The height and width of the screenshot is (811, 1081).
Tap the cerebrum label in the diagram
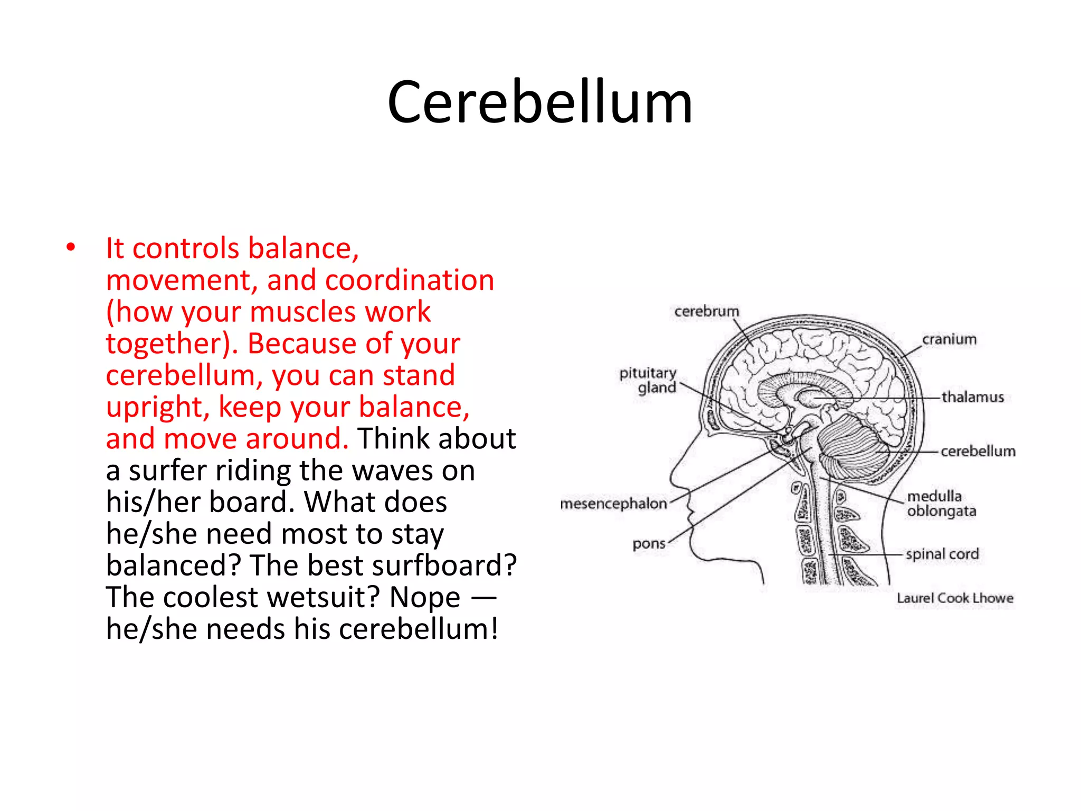pos(706,312)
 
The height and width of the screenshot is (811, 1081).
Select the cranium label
pos(949,340)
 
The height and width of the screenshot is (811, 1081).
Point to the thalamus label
pos(972,397)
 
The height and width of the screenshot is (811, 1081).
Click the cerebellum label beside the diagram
pos(978,451)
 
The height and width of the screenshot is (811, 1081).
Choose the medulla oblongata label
pos(941,504)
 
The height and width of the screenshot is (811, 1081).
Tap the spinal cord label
pos(942,554)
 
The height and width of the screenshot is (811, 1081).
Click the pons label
pos(649,544)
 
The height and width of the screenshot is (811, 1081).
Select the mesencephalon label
pos(614,504)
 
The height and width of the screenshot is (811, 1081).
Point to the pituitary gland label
pos(649,380)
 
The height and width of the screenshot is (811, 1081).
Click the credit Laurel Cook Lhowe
pos(955,598)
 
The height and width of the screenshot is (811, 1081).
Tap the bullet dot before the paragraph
pos(71,247)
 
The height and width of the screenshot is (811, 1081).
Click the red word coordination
pos(410,280)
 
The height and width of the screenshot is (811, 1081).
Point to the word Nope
pos(424,597)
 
